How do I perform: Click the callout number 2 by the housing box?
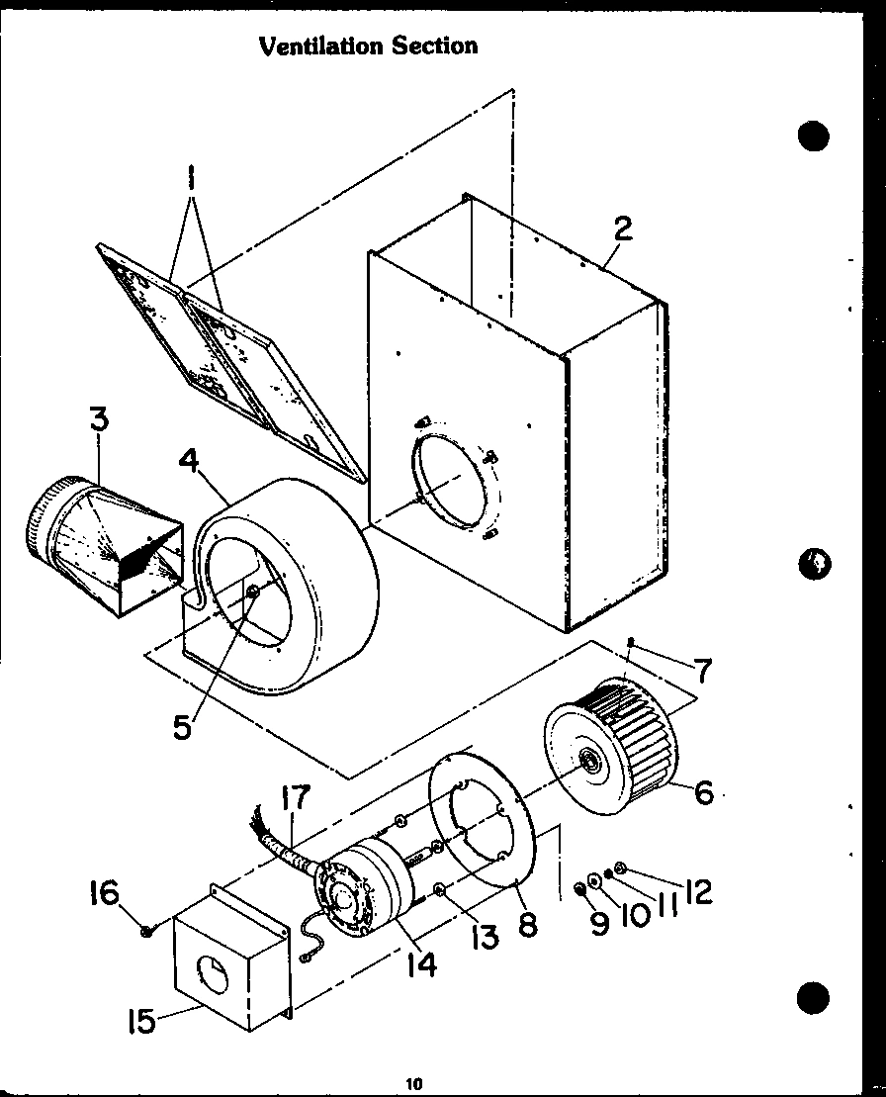coord(622,229)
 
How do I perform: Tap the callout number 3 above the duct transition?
coord(99,419)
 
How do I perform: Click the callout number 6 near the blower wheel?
coord(703,791)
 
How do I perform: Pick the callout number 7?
coord(702,672)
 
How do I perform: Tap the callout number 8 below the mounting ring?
coord(527,925)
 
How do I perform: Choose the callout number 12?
coord(696,892)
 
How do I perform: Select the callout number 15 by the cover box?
coord(142,1020)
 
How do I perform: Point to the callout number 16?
coord(105,895)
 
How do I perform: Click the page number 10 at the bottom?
coord(413,1084)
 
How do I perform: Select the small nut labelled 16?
coord(146,930)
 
